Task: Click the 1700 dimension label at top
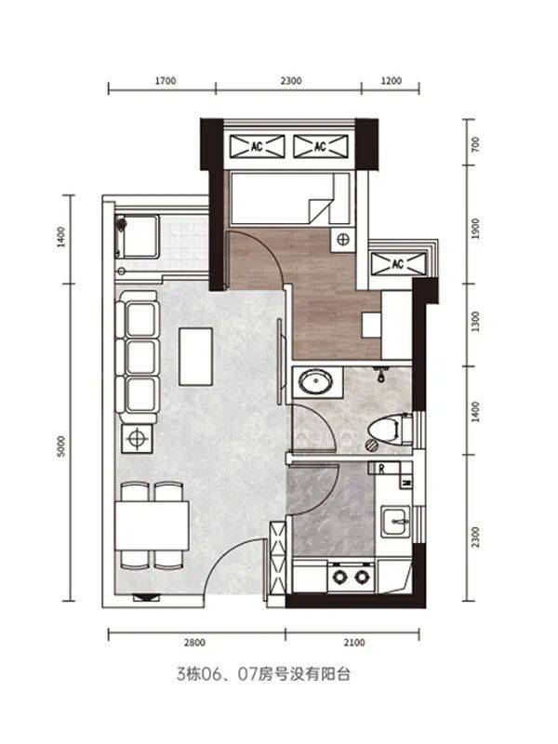click(x=166, y=81)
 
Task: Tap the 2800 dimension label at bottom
click(x=194, y=643)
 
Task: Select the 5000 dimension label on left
click(x=61, y=446)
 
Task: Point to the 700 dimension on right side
click(x=475, y=144)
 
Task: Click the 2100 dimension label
click(x=354, y=643)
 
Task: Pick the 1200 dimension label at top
click(x=391, y=81)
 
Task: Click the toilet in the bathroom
click(x=390, y=431)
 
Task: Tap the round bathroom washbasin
click(x=315, y=382)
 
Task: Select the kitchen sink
click(x=396, y=522)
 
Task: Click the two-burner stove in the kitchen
click(x=352, y=577)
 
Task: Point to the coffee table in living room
click(x=195, y=356)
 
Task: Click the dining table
click(x=153, y=525)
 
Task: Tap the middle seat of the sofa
click(x=141, y=357)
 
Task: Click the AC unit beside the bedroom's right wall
click(x=398, y=264)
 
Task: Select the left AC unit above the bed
click(x=258, y=146)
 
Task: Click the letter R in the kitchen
click(x=381, y=470)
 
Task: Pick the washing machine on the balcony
click(x=138, y=236)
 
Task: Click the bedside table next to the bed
click(x=343, y=239)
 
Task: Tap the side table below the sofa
click(x=137, y=438)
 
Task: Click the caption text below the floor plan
click(x=263, y=674)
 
